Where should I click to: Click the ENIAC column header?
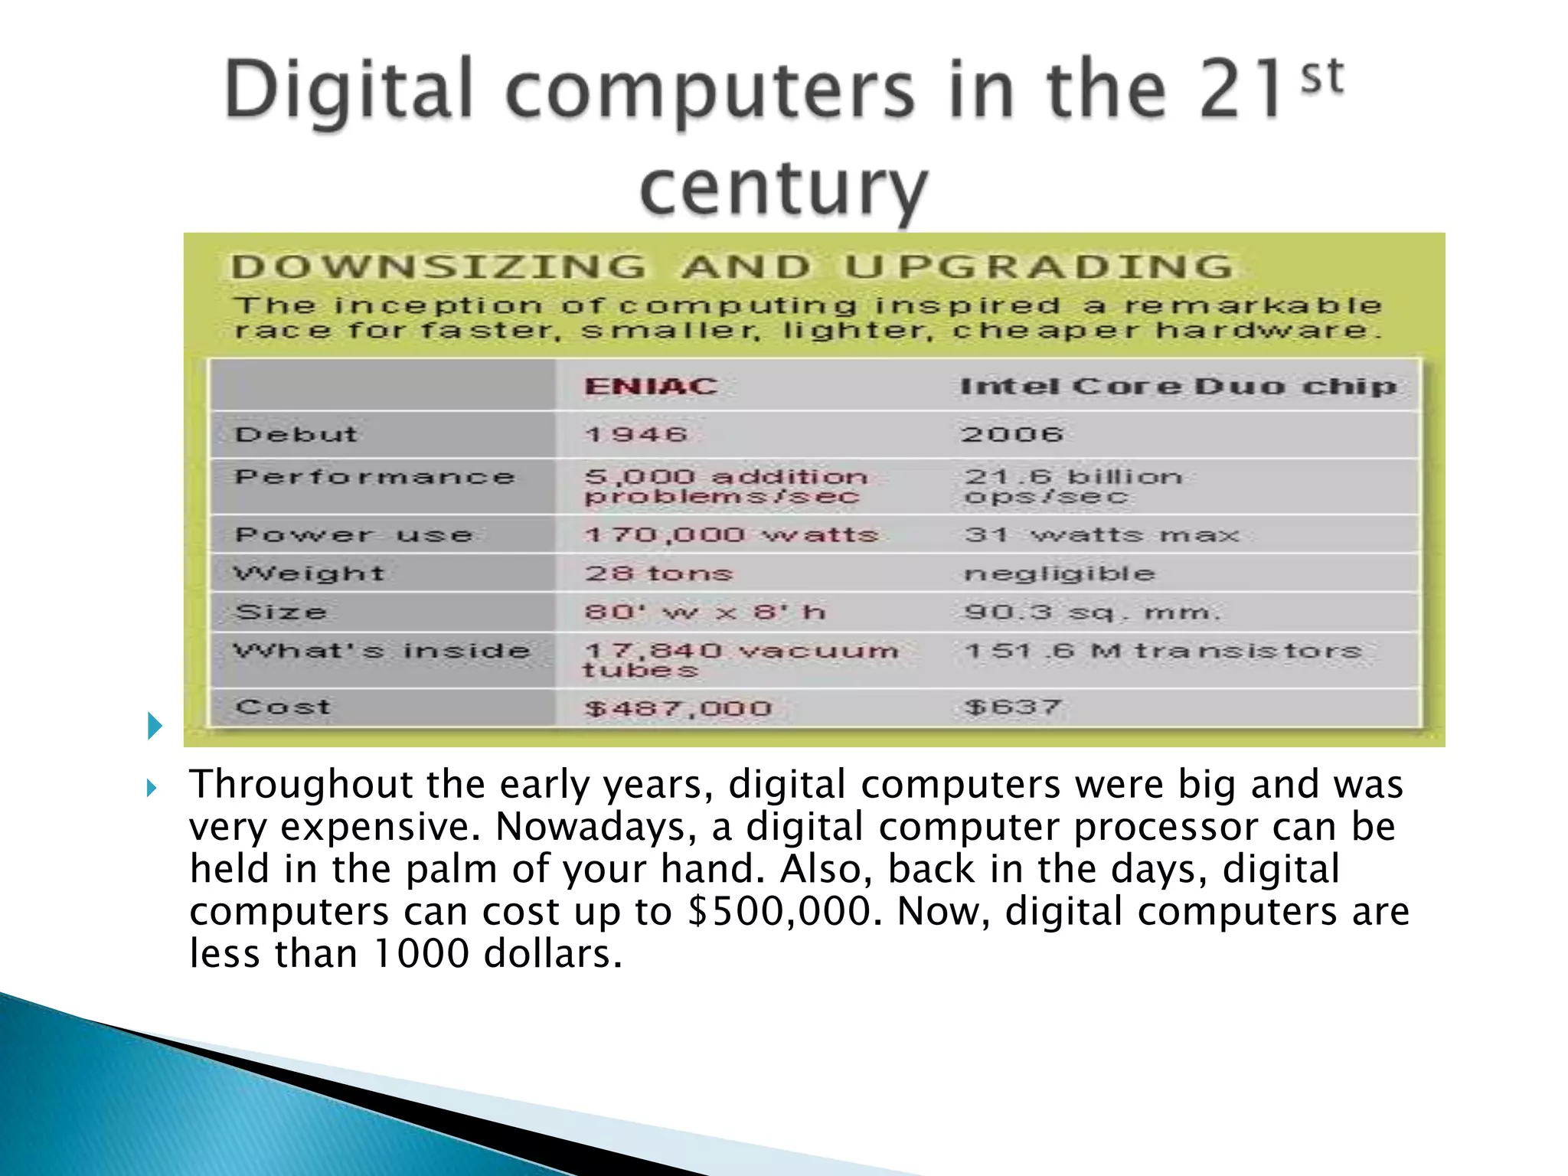click(x=651, y=386)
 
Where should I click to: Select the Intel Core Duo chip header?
click(x=1178, y=386)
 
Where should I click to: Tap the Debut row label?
click(x=296, y=434)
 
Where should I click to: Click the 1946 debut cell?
click(x=635, y=434)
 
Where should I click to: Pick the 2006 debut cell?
click(x=1012, y=434)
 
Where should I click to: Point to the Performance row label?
click(x=374, y=477)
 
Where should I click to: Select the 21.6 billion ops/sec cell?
click(x=1073, y=486)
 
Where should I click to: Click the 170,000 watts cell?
click(x=730, y=534)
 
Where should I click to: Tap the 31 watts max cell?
click(x=1101, y=534)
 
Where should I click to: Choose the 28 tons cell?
click(x=658, y=573)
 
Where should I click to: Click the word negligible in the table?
click(x=1059, y=573)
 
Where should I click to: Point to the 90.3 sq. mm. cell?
click(x=1092, y=612)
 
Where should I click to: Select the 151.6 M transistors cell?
click(x=1163, y=652)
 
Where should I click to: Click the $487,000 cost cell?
click(x=678, y=708)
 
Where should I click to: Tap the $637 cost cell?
click(x=1013, y=707)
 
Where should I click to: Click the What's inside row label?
click(x=381, y=652)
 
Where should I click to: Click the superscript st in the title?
click(x=1322, y=77)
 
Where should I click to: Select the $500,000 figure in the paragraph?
click(x=779, y=912)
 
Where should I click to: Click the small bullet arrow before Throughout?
click(x=152, y=788)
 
